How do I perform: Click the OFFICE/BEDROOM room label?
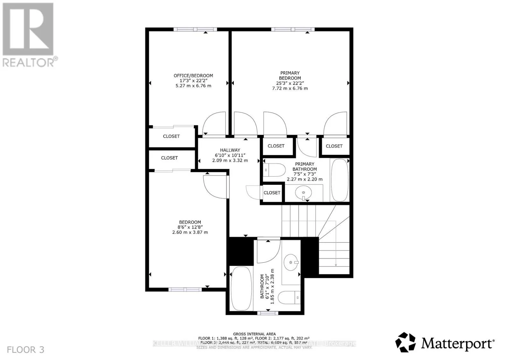point(193,76)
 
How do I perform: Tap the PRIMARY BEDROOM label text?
point(290,75)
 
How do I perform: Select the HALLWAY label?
point(230,150)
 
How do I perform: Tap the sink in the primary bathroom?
point(303,193)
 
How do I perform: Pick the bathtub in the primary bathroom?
point(339,180)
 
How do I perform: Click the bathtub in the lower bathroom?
point(241,289)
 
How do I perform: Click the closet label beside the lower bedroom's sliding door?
point(169,158)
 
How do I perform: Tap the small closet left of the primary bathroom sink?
point(272,193)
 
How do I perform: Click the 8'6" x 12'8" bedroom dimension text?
point(190,227)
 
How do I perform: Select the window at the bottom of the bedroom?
point(185,289)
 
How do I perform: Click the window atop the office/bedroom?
point(195,29)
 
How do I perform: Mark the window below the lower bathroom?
point(268,313)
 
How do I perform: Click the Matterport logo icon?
point(406,342)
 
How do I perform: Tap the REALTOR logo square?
point(28,29)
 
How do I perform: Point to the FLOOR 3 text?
point(25,350)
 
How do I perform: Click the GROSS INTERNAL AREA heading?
point(254,334)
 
